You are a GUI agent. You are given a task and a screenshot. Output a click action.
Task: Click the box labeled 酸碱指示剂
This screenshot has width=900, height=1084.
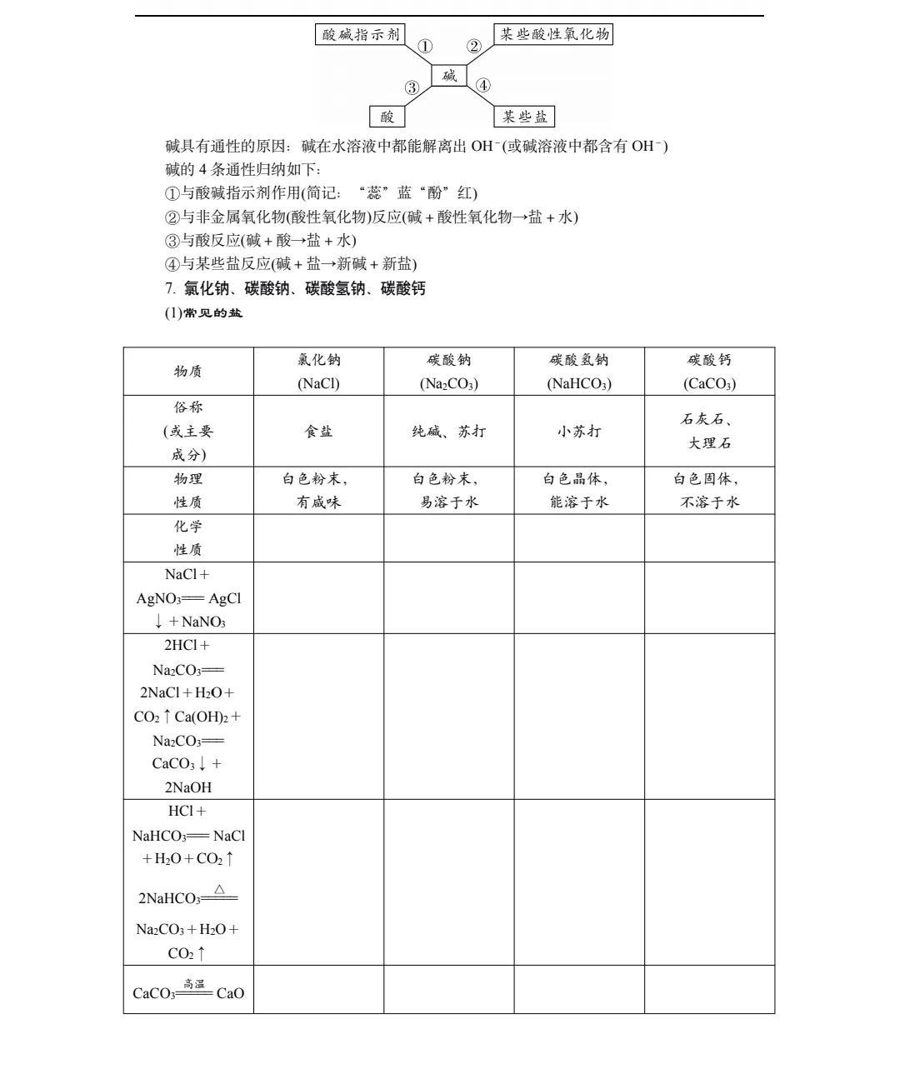coord(360,34)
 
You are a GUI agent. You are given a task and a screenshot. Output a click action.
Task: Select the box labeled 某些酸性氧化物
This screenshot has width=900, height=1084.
coord(553,34)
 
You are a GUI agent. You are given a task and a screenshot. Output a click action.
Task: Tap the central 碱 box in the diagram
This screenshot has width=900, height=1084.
coord(449,76)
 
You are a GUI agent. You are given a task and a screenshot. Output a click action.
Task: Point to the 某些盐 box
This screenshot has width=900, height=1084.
coord(524,116)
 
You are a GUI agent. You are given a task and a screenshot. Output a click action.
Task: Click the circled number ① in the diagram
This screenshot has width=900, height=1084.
coord(425,47)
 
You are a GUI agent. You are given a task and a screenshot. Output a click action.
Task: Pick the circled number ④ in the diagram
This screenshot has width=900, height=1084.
coord(483,85)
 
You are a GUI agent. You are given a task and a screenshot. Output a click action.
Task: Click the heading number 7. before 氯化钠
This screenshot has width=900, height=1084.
coord(170,289)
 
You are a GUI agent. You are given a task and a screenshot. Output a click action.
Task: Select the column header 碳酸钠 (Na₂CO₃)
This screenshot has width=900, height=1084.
coord(448,371)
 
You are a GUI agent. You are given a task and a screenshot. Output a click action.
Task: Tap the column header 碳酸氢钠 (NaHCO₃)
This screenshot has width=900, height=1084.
coord(578,371)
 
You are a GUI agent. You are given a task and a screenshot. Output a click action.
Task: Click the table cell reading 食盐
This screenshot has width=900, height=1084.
coord(318,431)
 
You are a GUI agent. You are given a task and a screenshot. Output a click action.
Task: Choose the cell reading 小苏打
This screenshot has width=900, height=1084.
coord(578,431)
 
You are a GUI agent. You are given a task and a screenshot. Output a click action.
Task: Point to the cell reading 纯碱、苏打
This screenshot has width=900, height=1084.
coord(448,431)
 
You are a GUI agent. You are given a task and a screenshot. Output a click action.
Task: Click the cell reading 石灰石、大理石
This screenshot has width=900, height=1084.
coord(709,431)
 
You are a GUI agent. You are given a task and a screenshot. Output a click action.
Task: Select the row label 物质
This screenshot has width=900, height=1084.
coord(188,371)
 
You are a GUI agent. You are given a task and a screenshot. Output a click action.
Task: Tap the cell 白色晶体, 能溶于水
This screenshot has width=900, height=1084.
coord(578,490)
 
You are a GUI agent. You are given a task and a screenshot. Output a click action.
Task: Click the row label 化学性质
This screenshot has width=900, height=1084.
coord(188,537)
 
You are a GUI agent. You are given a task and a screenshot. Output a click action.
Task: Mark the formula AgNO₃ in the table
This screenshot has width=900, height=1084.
coord(158,598)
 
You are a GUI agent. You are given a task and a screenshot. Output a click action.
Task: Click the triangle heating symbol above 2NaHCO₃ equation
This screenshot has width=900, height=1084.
coord(219,889)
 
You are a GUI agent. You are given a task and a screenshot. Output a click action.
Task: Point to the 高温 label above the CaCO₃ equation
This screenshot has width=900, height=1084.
coord(194,984)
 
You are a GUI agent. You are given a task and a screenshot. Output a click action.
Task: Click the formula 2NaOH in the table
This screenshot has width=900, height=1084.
coord(187,787)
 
